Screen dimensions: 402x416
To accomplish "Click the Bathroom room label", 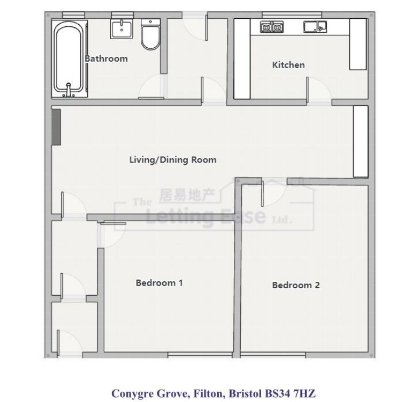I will point(106,59).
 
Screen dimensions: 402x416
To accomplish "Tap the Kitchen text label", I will point(288,65).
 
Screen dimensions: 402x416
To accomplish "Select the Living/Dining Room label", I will point(173,159).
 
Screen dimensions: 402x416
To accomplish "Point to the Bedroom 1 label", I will point(159,283).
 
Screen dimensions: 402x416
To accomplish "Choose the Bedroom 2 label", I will point(296,285).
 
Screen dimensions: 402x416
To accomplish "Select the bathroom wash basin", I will point(123,28).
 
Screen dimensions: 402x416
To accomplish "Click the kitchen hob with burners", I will point(271,27).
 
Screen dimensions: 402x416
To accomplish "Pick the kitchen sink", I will point(314,26).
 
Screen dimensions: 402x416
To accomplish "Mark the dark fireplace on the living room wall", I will point(56,127).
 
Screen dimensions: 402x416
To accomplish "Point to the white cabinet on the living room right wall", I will point(360,141).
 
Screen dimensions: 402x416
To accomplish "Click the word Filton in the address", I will point(205,393).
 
